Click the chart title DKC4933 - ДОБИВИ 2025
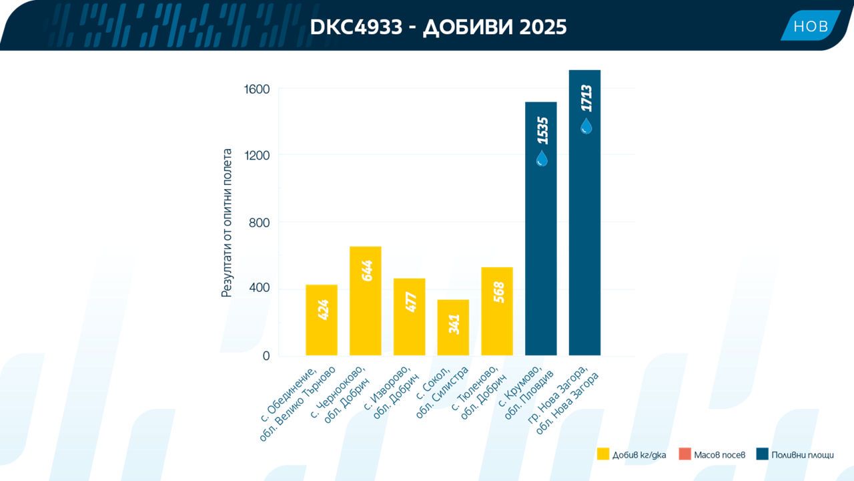438,27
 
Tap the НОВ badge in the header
811,25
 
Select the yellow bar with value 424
322,320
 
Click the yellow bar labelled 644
365,301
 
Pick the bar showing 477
409,317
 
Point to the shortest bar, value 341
453,327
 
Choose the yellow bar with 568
497,311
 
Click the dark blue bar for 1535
540,228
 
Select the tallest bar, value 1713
584,212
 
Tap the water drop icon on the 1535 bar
542,158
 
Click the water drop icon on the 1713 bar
586,126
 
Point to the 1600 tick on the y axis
257,90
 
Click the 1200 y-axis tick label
257,156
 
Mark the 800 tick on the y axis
259,222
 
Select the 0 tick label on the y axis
266,356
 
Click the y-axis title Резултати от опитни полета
226,223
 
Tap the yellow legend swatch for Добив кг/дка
603,454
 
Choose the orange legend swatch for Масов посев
685,454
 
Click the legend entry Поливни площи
795,455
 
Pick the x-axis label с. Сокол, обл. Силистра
442,392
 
